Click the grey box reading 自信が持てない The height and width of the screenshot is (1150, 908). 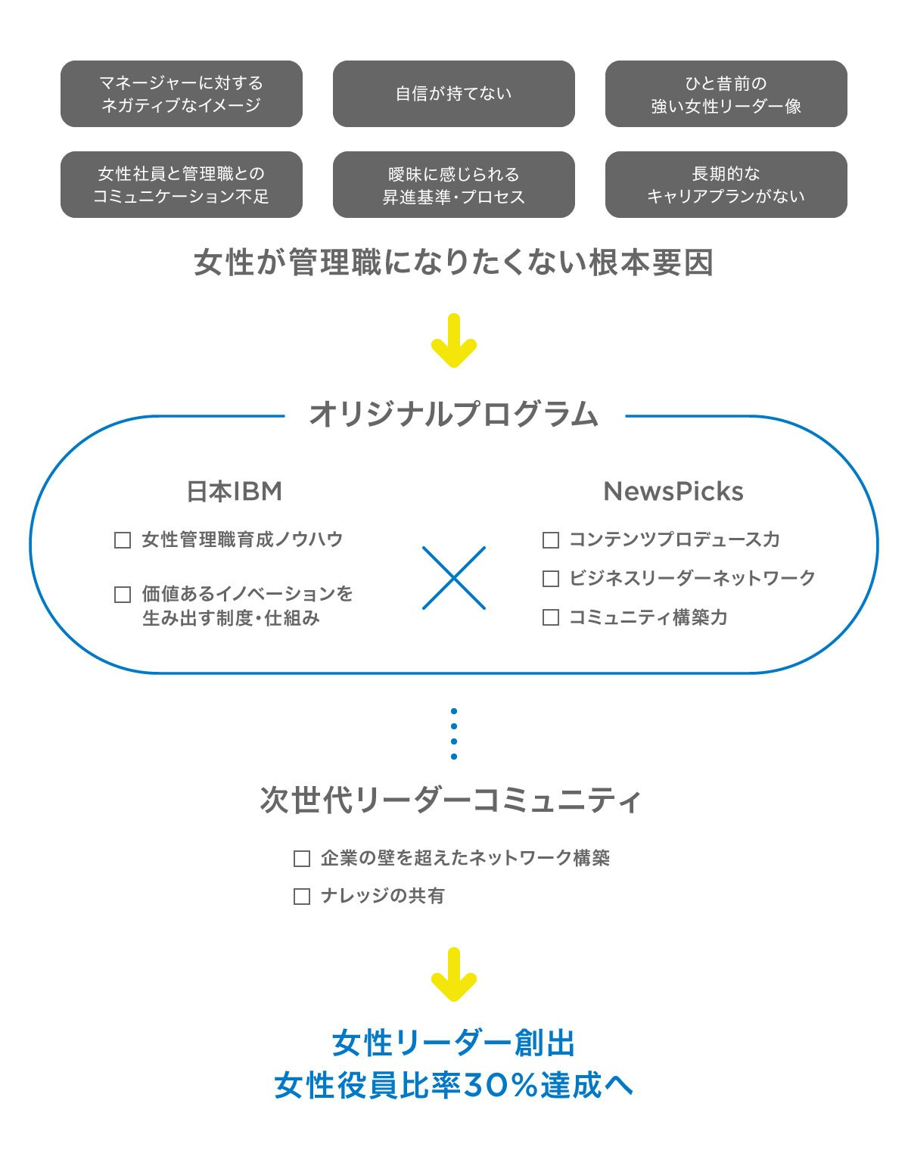pyautogui.click(x=454, y=94)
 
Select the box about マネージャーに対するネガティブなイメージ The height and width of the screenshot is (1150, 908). pyautogui.click(x=182, y=94)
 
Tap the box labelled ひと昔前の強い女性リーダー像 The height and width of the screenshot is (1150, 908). pyautogui.click(x=726, y=94)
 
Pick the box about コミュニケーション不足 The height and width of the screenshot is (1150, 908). pyautogui.click(x=182, y=185)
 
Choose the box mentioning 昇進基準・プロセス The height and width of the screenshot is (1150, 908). pyautogui.click(x=454, y=185)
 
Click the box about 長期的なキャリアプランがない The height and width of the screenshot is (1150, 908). pyautogui.click(x=726, y=185)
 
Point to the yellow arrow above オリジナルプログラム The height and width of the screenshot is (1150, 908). pyautogui.click(x=454, y=341)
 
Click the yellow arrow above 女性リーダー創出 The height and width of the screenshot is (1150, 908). pyautogui.click(x=454, y=975)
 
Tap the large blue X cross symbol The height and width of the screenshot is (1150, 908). pyautogui.click(x=454, y=578)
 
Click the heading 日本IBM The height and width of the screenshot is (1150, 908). pyautogui.click(x=235, y=492)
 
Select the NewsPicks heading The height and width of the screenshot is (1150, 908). pyautogui.click(x=673, y=492)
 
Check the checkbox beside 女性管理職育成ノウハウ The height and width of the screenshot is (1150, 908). pyautogui.click(x=123, y=540)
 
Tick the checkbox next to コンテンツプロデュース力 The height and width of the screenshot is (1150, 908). pyautogui.click(x=551, y=540)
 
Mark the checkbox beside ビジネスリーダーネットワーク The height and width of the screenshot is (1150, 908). pyautogui.click(x=551, y=579)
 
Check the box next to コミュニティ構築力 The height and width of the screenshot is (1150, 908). pyautogui.click(x=551, y=617)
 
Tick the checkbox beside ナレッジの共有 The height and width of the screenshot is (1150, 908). pyautogui.click(x=302, y=897)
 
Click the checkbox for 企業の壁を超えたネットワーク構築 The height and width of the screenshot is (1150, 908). pyautogui.click(x=302, y=859)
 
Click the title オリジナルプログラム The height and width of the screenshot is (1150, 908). pyautogui.click(x=454, y=415)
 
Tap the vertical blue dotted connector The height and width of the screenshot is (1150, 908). pyautogui.click(x=454, y=734)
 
